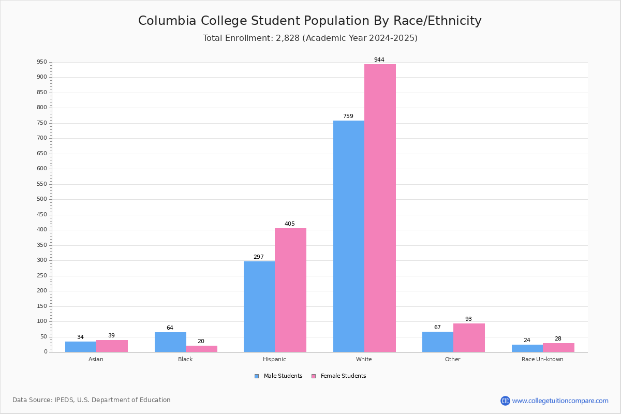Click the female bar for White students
coord(380,208)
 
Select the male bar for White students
coord(349,236)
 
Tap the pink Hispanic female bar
coord(290,290)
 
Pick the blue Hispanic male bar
coord(259,307)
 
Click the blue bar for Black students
coord(170,342)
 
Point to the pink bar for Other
coord(469,338)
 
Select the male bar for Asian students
coord(81,347)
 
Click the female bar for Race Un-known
coord(558,348)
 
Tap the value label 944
coord(379,60)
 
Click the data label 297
coord(259,257)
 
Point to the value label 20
coord(201,341)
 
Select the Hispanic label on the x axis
coord(274,359)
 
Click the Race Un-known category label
coord(542,359)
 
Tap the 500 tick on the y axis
coord(42,199)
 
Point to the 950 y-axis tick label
coord(42,62)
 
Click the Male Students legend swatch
coord(257,376)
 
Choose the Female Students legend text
coord(344,376)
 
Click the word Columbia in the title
coord(167,21)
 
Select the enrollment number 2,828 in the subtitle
coord(288,38)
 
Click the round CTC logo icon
coord(505,401)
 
